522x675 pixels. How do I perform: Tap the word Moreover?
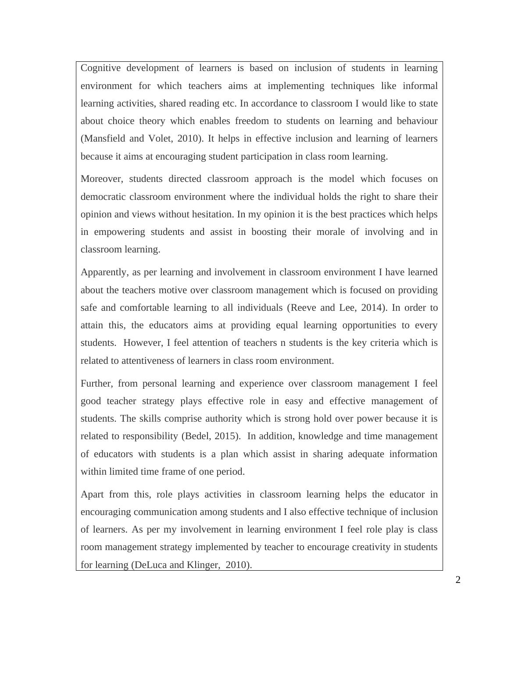[x=102, y=179]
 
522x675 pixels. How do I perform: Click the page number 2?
[x=458, y=580]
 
